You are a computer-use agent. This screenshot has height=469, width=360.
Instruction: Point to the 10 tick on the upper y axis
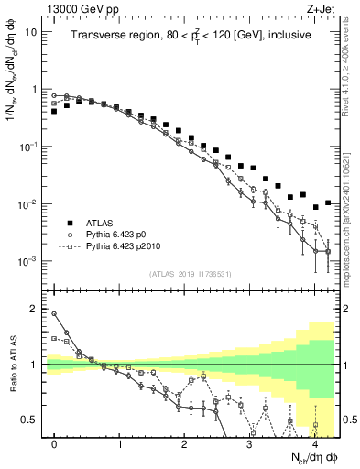tap(31, 32)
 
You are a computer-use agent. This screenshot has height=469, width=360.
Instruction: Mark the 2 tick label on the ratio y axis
tap(35, 309)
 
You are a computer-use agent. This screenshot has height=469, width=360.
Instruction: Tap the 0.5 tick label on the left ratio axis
tap(30, 420)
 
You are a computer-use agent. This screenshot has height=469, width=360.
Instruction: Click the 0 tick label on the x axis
tap(55, 443)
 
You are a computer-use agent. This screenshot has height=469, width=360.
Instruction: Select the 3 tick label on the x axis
tap(250, 443)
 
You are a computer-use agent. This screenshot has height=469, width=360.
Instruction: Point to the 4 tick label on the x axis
tap(314, 443)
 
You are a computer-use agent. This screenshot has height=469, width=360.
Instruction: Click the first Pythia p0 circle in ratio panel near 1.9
tap(55, 314)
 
